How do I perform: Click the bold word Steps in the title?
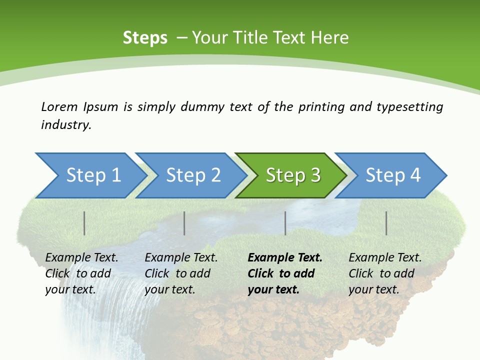click(x=145, y=38)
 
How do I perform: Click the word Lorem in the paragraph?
click(x=59, y=106)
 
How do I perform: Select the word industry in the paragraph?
click(x=66, y=125)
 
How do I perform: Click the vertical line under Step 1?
click(x=84, y=223)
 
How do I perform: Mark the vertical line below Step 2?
click(x=184, y=223)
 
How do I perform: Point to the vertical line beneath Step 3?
click(x=285, y=223)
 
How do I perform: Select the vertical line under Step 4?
click(x=386, y=223)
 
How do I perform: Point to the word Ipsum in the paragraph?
click(x=101, y=107)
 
